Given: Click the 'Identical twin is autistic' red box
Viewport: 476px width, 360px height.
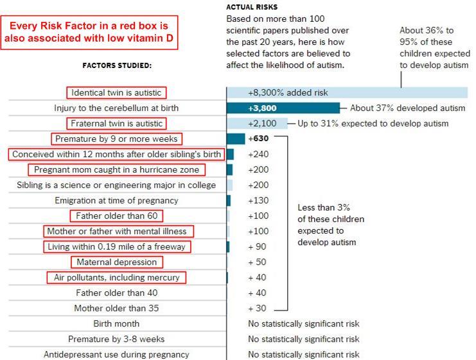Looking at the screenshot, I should (x=116, y=92).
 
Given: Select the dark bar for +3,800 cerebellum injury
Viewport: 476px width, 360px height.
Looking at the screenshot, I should (x=283, y=108).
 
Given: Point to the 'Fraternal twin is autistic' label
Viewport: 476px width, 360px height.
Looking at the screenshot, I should (x=116, y=123).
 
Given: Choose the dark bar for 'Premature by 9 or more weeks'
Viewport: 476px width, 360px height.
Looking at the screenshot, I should (x=236, y=139).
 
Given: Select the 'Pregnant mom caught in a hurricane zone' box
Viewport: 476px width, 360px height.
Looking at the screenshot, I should (x=116, y=169).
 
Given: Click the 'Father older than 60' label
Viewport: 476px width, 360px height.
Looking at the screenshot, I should (x=116, y=216).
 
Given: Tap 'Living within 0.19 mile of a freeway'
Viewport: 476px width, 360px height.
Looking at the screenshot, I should (x=119, y=246).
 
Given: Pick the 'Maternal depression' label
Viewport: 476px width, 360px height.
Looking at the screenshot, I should (x=116, y=262).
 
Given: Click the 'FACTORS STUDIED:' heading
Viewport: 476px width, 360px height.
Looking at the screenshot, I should (x=117, y=65).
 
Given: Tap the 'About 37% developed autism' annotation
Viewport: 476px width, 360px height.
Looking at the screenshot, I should (x=408, y=108).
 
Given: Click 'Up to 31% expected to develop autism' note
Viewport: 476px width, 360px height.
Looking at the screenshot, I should (x=373, y=123).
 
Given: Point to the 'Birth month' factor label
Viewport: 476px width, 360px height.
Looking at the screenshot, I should (x=116, y=323).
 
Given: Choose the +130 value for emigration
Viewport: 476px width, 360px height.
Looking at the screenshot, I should (x=258, y=200).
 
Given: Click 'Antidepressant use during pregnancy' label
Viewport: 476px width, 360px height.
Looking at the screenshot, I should (x=116, y=354).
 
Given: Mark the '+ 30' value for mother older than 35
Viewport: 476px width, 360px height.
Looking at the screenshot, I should (x=258, y=308).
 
